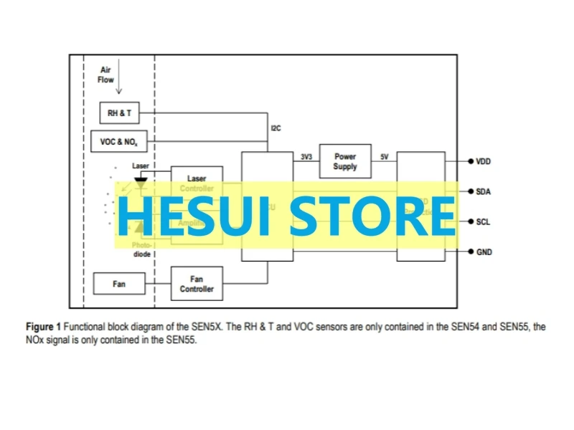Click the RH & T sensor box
coord(120,113)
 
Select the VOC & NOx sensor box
coord(118,142)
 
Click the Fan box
coord(119,284)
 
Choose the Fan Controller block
coord(197,284)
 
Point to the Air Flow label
coord(106,75)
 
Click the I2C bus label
coord(276,128)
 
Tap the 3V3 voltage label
coord(306,156)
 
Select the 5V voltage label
coord(384,156)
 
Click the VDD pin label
coord(484,162)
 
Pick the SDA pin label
coord(484,192)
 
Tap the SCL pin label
coord(484,222)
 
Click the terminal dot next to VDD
coord(470,162)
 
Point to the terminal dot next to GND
coord(470,252)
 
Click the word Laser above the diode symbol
coord(141,166)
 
